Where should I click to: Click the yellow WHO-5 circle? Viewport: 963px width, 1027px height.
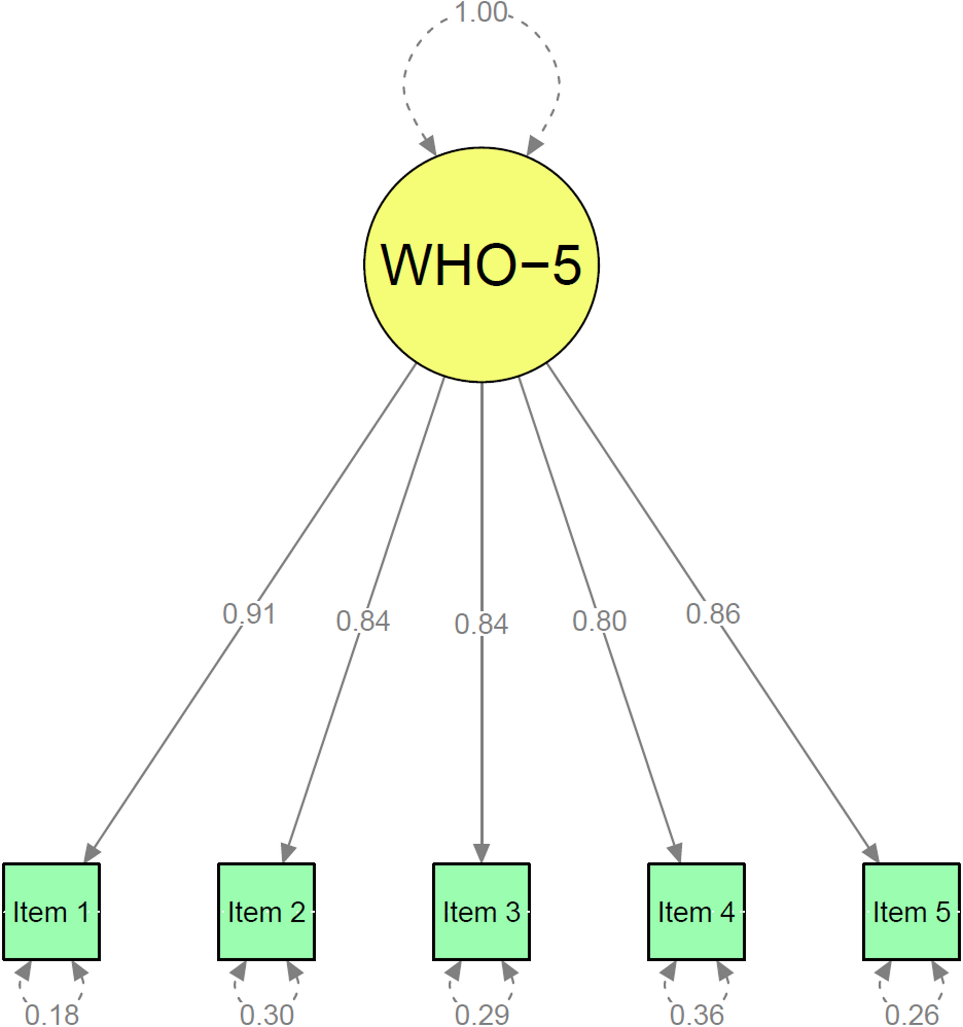click(481, 265)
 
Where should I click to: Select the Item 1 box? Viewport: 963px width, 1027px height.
click(51, 912)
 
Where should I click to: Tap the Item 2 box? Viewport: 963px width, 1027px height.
click(267, 912)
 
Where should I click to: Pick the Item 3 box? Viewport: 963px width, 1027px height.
click(481, 912)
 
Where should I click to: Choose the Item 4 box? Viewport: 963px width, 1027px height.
click(696, 912)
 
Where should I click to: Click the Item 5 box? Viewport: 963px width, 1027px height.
click(911, 912)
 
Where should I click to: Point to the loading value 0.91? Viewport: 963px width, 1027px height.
click(249, 614)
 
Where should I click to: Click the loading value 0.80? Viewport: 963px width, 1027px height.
click(599, 621)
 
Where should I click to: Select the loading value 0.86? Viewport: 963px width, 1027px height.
click(712, 614)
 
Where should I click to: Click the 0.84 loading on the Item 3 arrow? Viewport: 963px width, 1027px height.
click(481, 624)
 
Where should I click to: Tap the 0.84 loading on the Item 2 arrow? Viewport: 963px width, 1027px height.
click(363, 621)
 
